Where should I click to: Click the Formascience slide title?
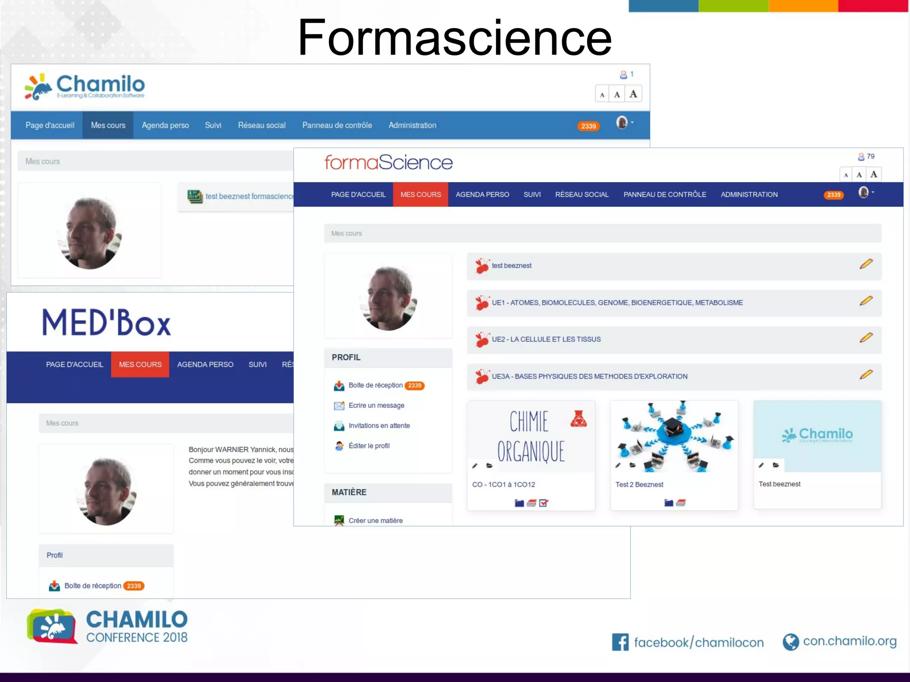point(454,38)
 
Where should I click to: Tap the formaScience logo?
point(388,163)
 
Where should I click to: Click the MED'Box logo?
point(107,322)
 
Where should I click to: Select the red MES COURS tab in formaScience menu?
point(420,194)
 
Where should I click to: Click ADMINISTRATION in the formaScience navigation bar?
point(749,194)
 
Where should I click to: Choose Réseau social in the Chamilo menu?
point(262,125)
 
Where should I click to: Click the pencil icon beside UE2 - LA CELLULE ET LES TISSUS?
point(866,337)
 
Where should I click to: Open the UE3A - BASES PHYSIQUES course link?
point(589,377)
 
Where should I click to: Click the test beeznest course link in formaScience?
point(511,266)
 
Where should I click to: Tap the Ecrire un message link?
point(376,405)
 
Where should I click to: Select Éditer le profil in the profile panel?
point(369,446)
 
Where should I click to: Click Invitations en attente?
point(379,425)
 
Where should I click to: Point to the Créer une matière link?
point(375,520)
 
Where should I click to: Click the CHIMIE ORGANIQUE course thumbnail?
point(531,436)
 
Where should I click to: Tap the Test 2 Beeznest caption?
point(639,484)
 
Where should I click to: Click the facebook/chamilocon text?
point(698,642)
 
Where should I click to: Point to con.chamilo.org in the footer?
point(850,641)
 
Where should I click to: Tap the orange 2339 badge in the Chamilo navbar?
point(588,126)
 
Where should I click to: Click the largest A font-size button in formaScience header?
point(874,174)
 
